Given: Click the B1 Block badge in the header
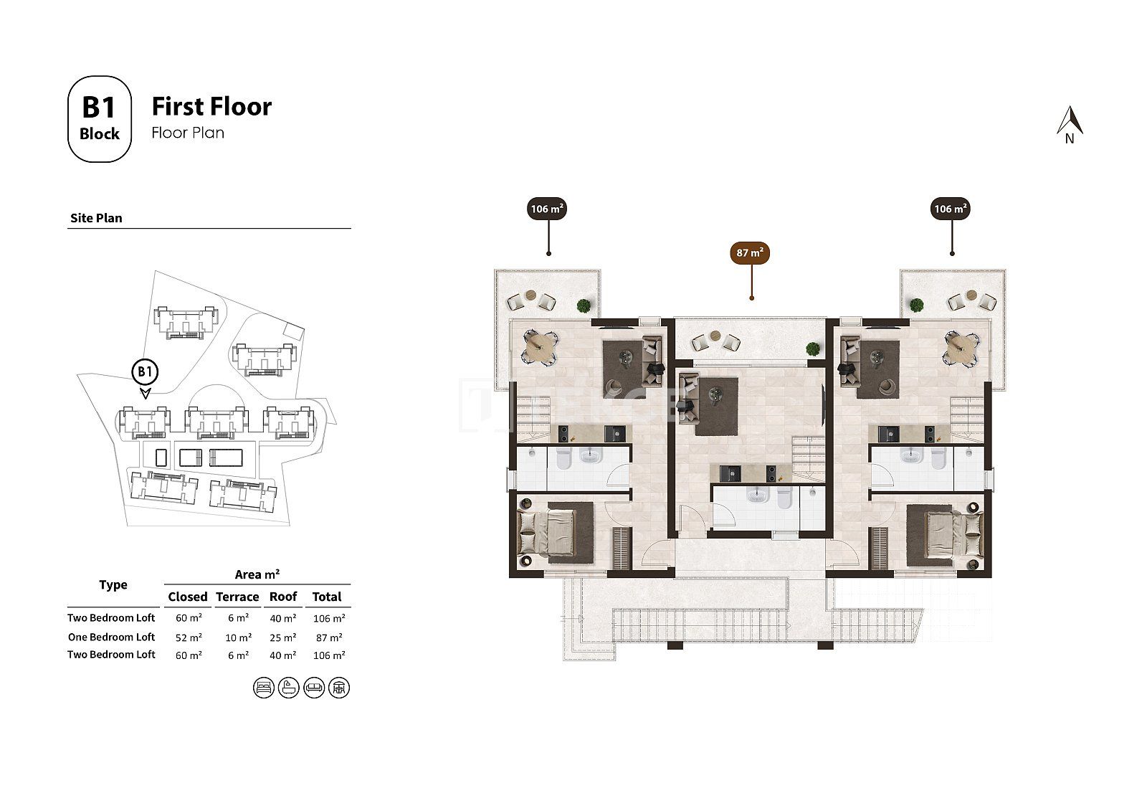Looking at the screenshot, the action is click(x=100, y=119).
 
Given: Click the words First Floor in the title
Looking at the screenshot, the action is click(x=211, y=107).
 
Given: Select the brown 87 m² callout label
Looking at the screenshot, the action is click(x=750, y=252).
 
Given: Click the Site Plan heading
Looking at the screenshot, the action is click(x=96, y=218).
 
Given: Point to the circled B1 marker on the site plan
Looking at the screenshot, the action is click(x=145, y=372).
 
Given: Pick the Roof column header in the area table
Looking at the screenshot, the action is click(x=283, y=597).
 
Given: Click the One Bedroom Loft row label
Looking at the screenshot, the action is click(x=111, y=637).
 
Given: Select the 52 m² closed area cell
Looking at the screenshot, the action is click(x=189, y=637).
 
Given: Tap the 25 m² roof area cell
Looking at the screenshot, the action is click(x=283, y=637).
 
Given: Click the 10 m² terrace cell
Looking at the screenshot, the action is click(x=239, y=637).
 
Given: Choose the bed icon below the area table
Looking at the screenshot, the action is click(x=264, y=688).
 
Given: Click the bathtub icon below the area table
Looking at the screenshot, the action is click(x=289, y=688).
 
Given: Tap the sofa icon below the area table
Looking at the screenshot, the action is click(x=314, y=688).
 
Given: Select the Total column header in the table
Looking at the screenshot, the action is click(x=327, y=597).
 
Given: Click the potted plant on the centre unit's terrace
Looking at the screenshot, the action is click(x=812, y=349).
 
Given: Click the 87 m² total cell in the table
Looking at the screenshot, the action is click(x=329, y=637).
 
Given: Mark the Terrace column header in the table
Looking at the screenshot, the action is click(x=237, y=597).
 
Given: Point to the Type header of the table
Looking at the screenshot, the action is click(x=113, y=585).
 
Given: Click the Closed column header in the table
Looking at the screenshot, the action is click(x=188, y=597).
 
